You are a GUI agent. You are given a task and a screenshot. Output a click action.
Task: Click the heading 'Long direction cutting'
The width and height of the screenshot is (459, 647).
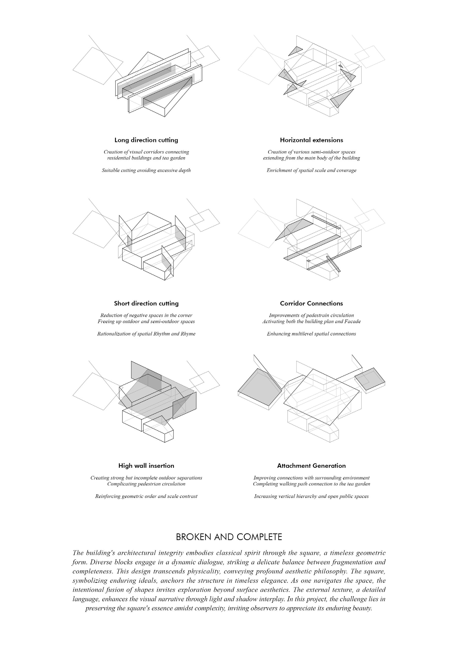(x=146, y=140)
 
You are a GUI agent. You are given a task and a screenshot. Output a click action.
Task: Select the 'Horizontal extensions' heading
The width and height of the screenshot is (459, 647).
(x=311, y=140)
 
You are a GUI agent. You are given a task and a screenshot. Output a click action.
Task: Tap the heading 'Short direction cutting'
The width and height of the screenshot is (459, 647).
(x=146, y=303)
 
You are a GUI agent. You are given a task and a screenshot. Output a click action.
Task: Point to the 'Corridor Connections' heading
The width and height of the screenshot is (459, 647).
(x=311, y=303)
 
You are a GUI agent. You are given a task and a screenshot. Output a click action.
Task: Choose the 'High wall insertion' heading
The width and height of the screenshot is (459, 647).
(x=146, y=466)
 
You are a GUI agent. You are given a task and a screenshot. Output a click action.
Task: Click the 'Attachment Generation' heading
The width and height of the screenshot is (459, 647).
(x=311, y=466)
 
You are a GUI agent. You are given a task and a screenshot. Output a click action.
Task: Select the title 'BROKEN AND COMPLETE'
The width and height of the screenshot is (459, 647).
(x=229, y=537)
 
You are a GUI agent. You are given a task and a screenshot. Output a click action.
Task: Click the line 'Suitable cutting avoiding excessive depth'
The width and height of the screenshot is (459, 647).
(x=146, y=170)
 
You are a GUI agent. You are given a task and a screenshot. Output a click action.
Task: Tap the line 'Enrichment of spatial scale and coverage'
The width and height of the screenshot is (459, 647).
(x=311, y=170)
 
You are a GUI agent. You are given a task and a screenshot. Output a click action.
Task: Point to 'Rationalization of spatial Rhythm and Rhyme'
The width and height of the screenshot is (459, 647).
(x=146, y=334)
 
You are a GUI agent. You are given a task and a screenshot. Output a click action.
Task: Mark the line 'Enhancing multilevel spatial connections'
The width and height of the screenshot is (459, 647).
(x=311, y=334)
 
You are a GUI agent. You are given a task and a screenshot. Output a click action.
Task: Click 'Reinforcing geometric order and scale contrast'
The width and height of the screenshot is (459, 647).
(x=146, y=496)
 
